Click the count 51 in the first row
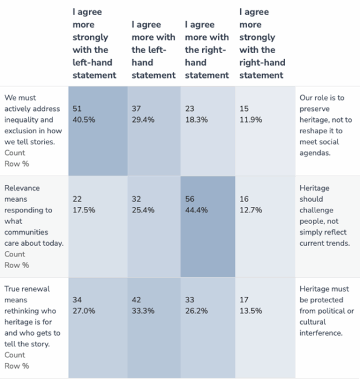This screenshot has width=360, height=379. tap(77, 109)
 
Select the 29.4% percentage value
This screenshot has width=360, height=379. tap(143, 119)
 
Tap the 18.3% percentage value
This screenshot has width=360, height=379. tap(196, 119)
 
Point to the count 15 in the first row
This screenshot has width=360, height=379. tap(244, 109)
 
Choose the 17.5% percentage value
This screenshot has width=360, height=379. tap(84, 210)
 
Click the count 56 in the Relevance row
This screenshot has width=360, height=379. tap(190, 199)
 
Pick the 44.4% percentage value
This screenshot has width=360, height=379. tap(196, 210)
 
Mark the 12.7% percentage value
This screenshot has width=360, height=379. tap(251, 210)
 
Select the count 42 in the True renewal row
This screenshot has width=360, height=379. tap(137, 300)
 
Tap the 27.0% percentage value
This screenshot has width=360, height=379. tap(84, 311)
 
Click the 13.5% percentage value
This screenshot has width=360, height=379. tap(251, 311)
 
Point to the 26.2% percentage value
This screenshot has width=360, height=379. tap(196, 311)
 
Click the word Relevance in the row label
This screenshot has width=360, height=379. tap(22, 188)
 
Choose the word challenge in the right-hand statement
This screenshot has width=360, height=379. tap(317, 210)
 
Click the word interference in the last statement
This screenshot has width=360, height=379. tap(320, 333)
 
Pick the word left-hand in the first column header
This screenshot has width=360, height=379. tap(92, 62)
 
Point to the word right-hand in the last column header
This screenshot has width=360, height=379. tap(262, 63)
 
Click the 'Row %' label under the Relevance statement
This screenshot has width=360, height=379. tap(17, 265)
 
